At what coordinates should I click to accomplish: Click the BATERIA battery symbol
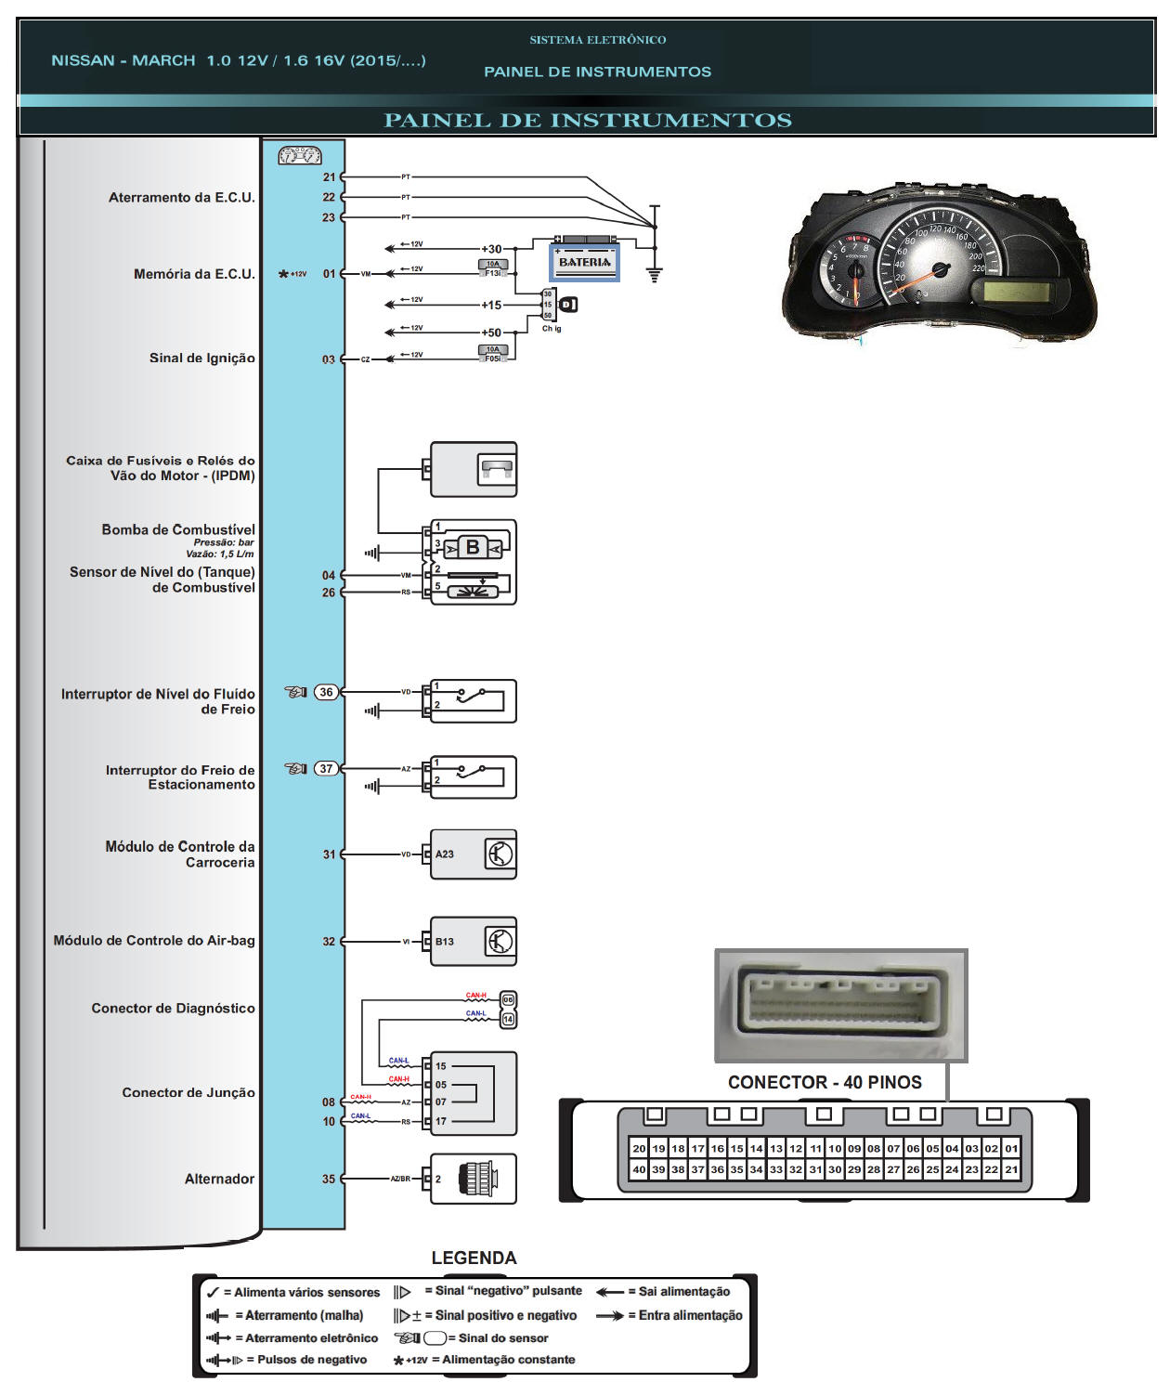coord(584,261)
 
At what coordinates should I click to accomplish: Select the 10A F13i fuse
coord(492,268)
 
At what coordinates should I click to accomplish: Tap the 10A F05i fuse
coord(492,354)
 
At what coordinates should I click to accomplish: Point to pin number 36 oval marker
coord(326,692)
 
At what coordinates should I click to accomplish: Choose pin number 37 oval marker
coord(326,768)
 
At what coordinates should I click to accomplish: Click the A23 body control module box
coord(474,854)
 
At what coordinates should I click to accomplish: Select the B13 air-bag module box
coord(474,942)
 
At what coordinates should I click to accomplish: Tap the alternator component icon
coord(477,1179)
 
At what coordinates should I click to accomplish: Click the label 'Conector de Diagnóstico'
coord(173,1008)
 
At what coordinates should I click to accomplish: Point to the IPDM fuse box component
coord(474,469)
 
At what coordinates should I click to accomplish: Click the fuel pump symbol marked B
coord(473,548)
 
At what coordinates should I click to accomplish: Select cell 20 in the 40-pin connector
coord(639,1149)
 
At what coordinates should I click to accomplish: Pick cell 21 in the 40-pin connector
coord(1011,1169)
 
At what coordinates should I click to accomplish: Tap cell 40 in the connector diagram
coord(639,1169)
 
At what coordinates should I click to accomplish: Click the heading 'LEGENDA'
coord(474,1258)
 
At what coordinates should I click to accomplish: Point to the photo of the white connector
coord(840,1005)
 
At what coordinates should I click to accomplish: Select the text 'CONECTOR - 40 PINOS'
coord(825,1082)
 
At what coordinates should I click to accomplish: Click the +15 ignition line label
coord(491,305)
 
